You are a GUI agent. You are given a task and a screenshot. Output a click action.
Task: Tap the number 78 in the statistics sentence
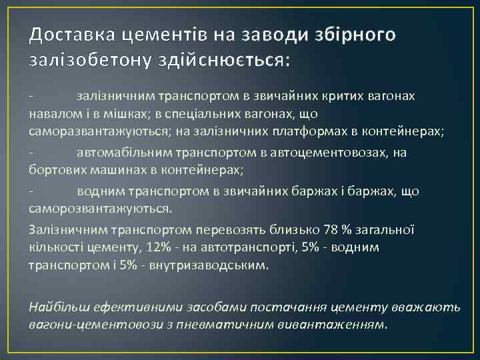330,230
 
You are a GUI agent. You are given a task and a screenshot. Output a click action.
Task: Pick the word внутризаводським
212,265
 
